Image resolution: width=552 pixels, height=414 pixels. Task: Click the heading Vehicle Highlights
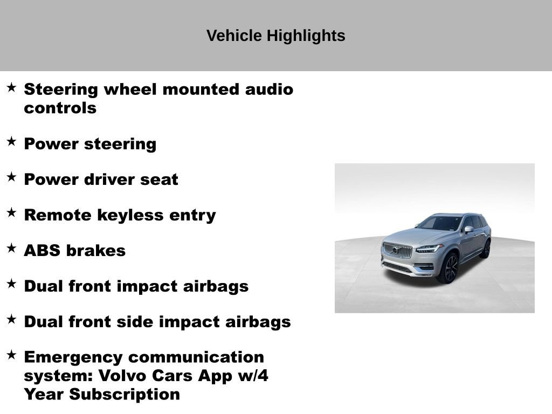click(275, 36)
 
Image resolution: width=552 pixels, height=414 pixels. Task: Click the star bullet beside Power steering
click(11, 141)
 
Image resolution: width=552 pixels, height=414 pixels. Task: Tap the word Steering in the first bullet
click(61, 89)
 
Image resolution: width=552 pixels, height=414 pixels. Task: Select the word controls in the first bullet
click(60, 108)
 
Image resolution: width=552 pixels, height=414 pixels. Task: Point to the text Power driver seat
click(101, 180)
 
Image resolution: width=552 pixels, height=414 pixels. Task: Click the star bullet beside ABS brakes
click(11, 248)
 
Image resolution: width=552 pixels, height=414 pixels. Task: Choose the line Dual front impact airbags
click(136, 286)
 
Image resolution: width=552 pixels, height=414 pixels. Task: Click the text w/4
click(253, 376)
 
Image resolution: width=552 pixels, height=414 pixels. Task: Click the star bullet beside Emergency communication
click(11, 355)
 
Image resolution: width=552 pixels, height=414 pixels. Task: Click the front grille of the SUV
click(397, 250)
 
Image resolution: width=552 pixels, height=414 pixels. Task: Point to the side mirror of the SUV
click(468, 230)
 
